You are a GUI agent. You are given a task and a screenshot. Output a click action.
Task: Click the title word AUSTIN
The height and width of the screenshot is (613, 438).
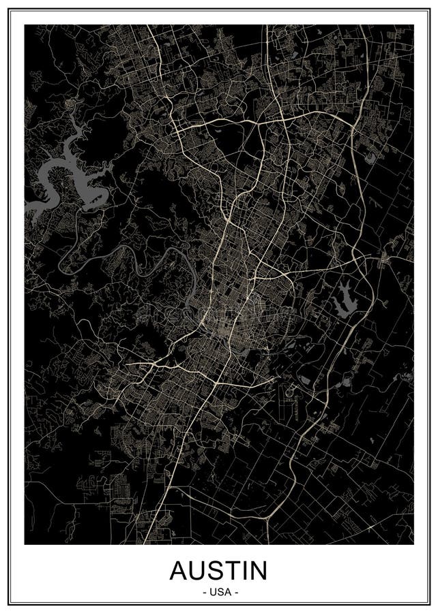point(218,570)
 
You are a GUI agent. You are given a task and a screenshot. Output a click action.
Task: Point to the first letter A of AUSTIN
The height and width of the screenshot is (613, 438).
point(179,570)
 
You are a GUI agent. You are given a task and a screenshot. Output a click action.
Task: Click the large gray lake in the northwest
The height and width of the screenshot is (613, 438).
point(65,163)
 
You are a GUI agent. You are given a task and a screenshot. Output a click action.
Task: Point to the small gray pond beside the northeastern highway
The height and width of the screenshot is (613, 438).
point(370,158)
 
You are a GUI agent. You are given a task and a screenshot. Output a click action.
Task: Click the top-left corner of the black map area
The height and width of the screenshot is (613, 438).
point(25,25)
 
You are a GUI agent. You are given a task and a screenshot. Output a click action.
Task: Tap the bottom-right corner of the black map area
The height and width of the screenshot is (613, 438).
point(413,544)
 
